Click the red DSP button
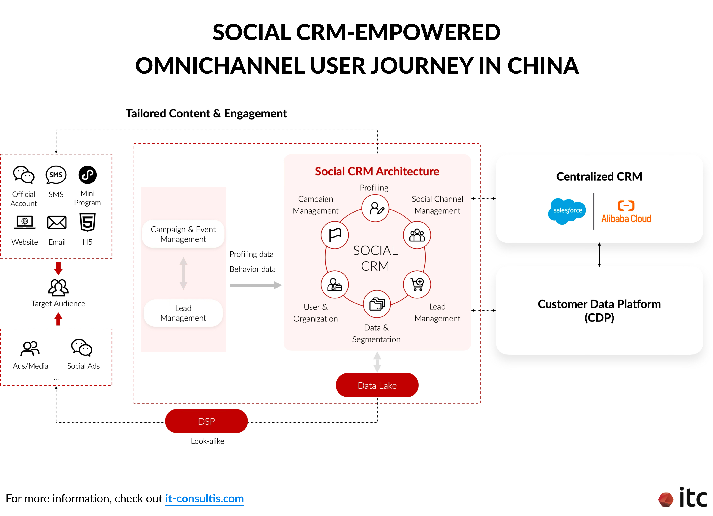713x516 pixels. (x=206, y=421)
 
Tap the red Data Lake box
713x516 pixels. (x=377, y=385)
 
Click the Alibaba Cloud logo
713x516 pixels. (x=626, y=212)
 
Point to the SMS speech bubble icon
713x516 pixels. (x=56, y=175)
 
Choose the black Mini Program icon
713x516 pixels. (x=87, y=175)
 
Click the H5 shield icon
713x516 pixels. (x=87, y=222)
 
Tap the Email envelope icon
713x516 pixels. (x=57, y=223)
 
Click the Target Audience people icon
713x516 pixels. (x=58, y=288)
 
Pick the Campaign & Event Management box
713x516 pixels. (x=183, y=234)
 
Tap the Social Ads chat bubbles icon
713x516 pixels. (x=82, y=348)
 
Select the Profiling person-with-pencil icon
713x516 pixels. (x=375, y=208)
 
